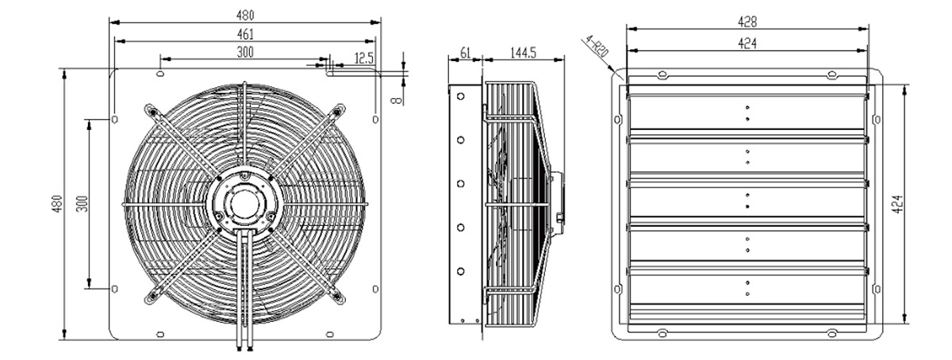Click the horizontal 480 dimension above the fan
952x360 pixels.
pos(245,15)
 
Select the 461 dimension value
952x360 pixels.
pos(245,34)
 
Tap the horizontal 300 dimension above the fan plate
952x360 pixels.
pos(245,52)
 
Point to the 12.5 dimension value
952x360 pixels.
pos(364,58)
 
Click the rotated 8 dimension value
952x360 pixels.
pos(396,100)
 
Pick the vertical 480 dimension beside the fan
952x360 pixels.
pos(57,204)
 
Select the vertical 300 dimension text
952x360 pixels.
pos(83,204)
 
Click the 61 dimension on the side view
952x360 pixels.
pos(466,52)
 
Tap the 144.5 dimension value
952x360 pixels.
pos(523,52)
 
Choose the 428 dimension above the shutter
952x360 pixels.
pos(747,21)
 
